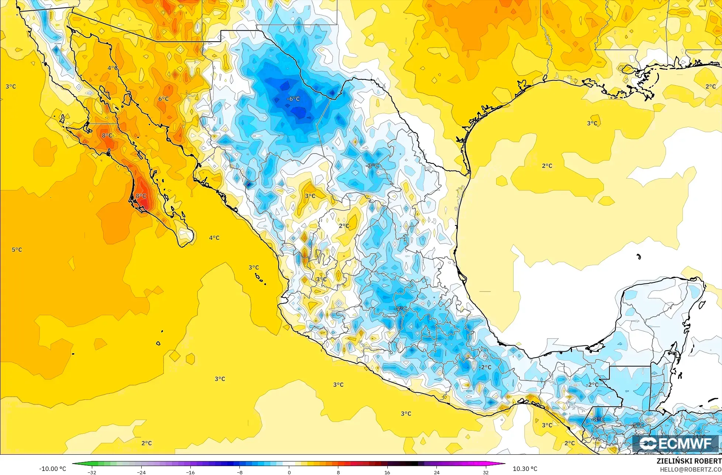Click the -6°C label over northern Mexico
tap(294, 99)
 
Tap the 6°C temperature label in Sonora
tap(163, 99)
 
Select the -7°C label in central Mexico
tap(401, 309)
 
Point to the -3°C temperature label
tap(372, 166)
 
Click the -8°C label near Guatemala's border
tap(598, 420)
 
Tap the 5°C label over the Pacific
tap(17, 250)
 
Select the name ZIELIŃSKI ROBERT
tap(689, 461)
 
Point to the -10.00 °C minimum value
tap(53, 469)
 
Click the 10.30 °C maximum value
tap(525, 469)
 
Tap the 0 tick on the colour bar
tap(289, 472)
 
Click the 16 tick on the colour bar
tap(387, 472)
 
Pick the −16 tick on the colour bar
tap(190, 472)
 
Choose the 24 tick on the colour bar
tap(436, 472)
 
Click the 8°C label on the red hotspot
tap(141, 196)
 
